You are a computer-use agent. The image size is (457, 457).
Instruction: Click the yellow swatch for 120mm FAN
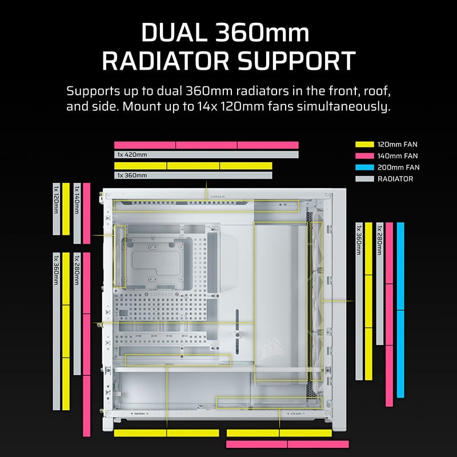pos(364,144)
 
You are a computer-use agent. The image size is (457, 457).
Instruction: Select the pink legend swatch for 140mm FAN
pos(364,155)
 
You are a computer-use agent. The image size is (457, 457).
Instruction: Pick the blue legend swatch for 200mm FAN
pos(364,167)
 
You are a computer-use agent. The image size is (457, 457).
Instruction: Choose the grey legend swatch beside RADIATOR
pos(364,179)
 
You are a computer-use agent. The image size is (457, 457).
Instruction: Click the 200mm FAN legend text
pos(398,167)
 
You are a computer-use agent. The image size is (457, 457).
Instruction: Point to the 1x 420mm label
pos(132,155)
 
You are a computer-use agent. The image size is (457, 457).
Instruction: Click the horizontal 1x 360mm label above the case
pos(132,175)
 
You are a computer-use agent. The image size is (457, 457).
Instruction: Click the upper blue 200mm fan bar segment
pos(400,266)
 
